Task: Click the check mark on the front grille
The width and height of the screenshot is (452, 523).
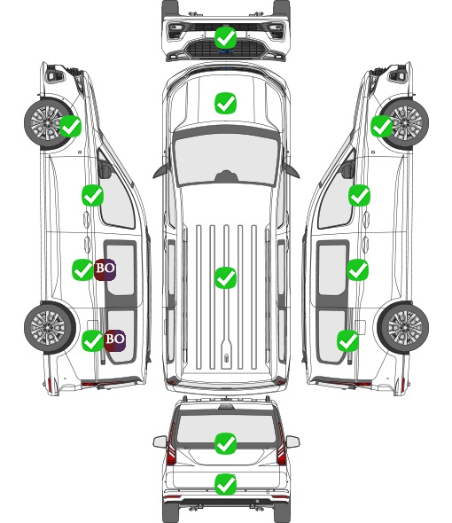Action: tap(226, 38)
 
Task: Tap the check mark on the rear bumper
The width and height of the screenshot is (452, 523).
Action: tap(226, 484)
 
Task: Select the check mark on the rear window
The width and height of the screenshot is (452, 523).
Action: tap(226, 443)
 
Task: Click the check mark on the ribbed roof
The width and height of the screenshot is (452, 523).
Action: tap(226, 277)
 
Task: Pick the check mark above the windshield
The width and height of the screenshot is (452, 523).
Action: tap(226, 104)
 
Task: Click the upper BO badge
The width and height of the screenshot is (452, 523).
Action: tap(105, 269)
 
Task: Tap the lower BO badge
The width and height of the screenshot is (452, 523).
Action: tap(114, 340)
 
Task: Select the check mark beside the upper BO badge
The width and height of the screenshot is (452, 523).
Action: tap(82, 269)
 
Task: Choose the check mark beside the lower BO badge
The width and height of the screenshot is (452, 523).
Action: tap(92, 340)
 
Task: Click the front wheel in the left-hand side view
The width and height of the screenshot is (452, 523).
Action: tap(47, 122)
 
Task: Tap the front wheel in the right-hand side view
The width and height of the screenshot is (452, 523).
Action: tap(405, 122)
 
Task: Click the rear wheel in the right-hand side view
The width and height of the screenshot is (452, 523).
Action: tap(403, 328)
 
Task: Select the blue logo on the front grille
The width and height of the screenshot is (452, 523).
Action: tap(226, 51)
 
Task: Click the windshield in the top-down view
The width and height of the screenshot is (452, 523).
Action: tap(226, 160)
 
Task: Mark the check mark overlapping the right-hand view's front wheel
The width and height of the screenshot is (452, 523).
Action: tap(382, 127)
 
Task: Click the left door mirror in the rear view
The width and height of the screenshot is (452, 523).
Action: tap(160, 441)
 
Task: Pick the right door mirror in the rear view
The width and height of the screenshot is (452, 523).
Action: tap(292, 441)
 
